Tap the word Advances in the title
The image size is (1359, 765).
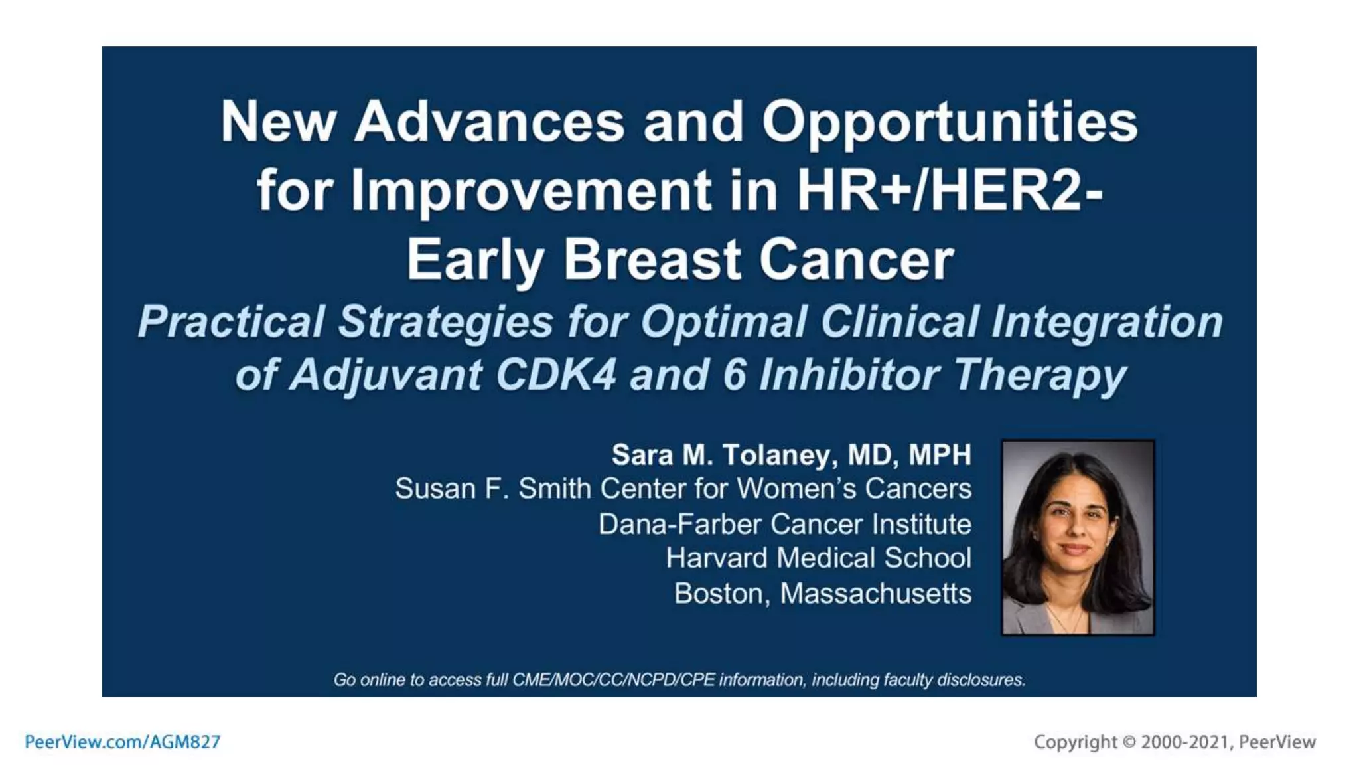489,122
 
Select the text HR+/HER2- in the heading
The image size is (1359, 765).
949,191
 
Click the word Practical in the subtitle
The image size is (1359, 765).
230,322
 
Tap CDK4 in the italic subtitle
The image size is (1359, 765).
556,375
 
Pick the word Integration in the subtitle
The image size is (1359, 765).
1106,322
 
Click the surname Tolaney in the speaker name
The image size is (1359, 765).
775,455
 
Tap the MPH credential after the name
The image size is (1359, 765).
939,455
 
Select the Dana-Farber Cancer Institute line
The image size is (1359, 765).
784,525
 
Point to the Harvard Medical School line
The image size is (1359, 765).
818,558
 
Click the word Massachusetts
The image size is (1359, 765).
875,594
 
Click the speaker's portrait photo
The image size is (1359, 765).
1077,538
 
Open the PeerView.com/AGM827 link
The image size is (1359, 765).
123,742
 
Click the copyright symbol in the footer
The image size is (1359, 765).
1129,742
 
